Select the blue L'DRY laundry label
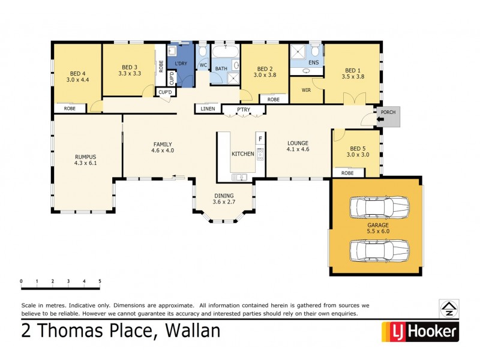coord(181,64)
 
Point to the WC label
coord(203,64)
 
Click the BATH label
coord(221,68)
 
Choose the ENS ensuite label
coord(313,62)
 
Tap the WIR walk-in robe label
coord(306,91)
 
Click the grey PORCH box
coord(388,112)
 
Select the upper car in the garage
coord(379,208)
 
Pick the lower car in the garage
coord(379,249)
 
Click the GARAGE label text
coord(378,225)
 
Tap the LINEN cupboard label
coord(207,109)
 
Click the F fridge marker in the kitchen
coord(260,139)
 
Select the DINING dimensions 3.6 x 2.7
coord(224,202)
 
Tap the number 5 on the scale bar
coord(100,281)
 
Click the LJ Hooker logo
coord(420,331)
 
